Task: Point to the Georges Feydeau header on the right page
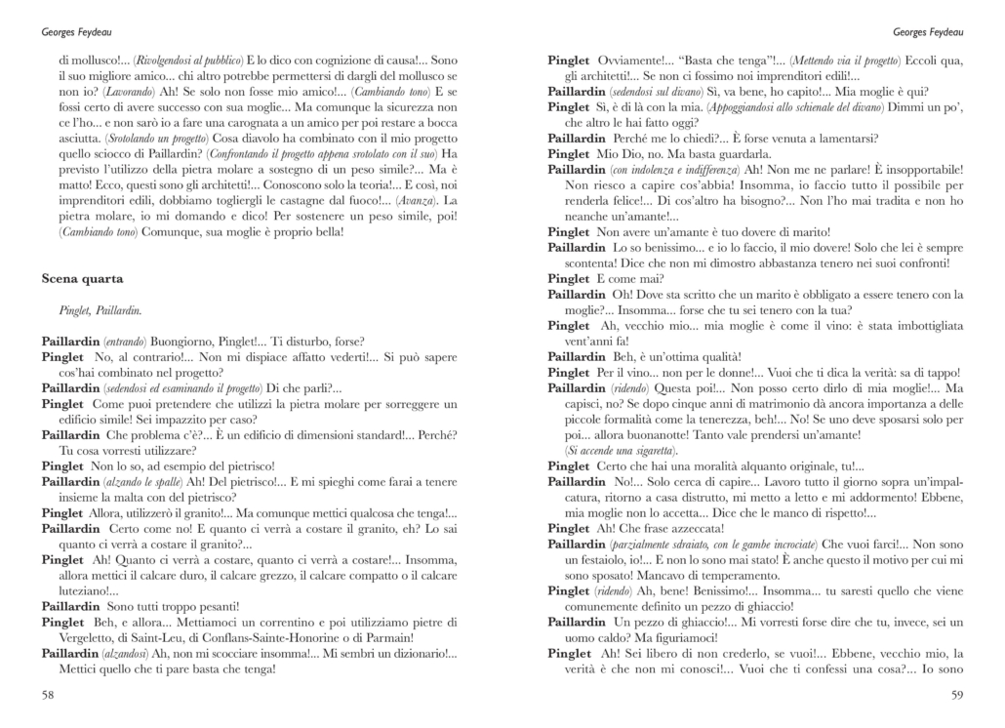930,30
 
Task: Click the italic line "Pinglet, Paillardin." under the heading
100,310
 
